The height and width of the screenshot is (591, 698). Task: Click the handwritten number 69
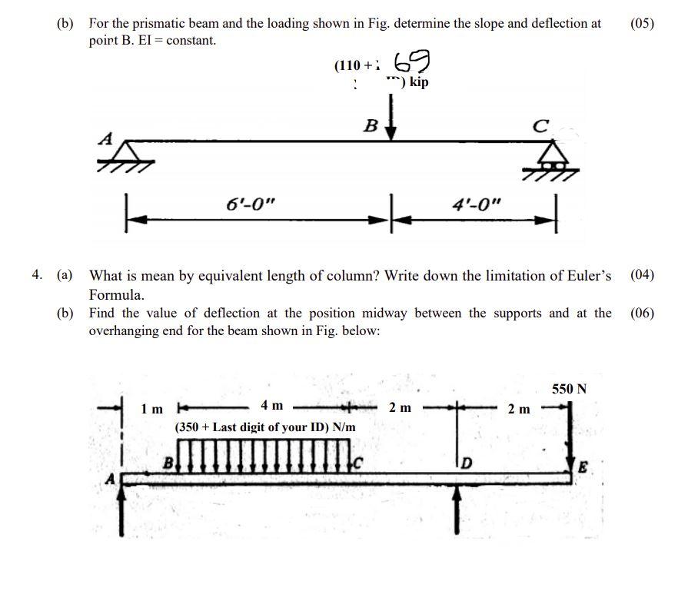click(411, 62)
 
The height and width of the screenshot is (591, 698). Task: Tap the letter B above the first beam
click(371, 125)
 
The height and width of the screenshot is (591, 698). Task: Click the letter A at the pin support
click(107, 139)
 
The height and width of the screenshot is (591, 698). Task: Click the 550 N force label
click(569, 389)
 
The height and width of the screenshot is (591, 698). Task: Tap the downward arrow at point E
click(570, 438)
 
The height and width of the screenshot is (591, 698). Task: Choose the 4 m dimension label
click(271, 405)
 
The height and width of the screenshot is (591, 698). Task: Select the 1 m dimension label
click(152, 409)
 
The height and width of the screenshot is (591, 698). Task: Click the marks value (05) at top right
click(642, 23)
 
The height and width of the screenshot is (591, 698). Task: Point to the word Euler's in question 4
click(587, 275)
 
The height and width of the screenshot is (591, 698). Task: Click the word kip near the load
click(419, 82)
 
